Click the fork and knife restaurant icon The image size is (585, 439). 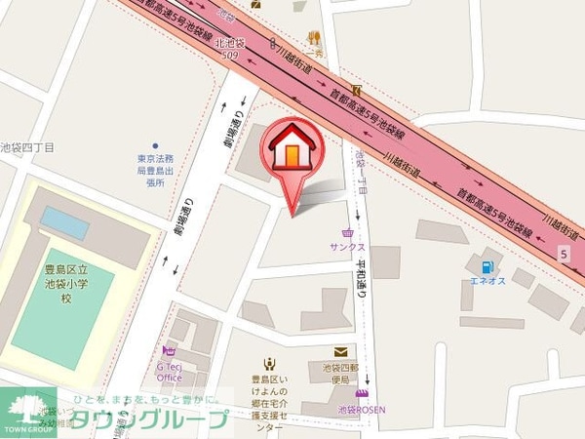(x=314, y=39)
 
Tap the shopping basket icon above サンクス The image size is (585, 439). (x=348, y=233)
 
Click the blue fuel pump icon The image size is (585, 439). (x=485, y=266)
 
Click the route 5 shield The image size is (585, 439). (x=563, y=254)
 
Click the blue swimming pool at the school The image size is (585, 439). (x=64, y=222)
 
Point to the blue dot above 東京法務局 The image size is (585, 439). (x=155, y=145)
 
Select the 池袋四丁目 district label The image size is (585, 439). (x=26, y=146)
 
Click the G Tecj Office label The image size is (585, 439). (x=170, y=372)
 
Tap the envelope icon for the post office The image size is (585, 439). (x=340, y=352)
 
